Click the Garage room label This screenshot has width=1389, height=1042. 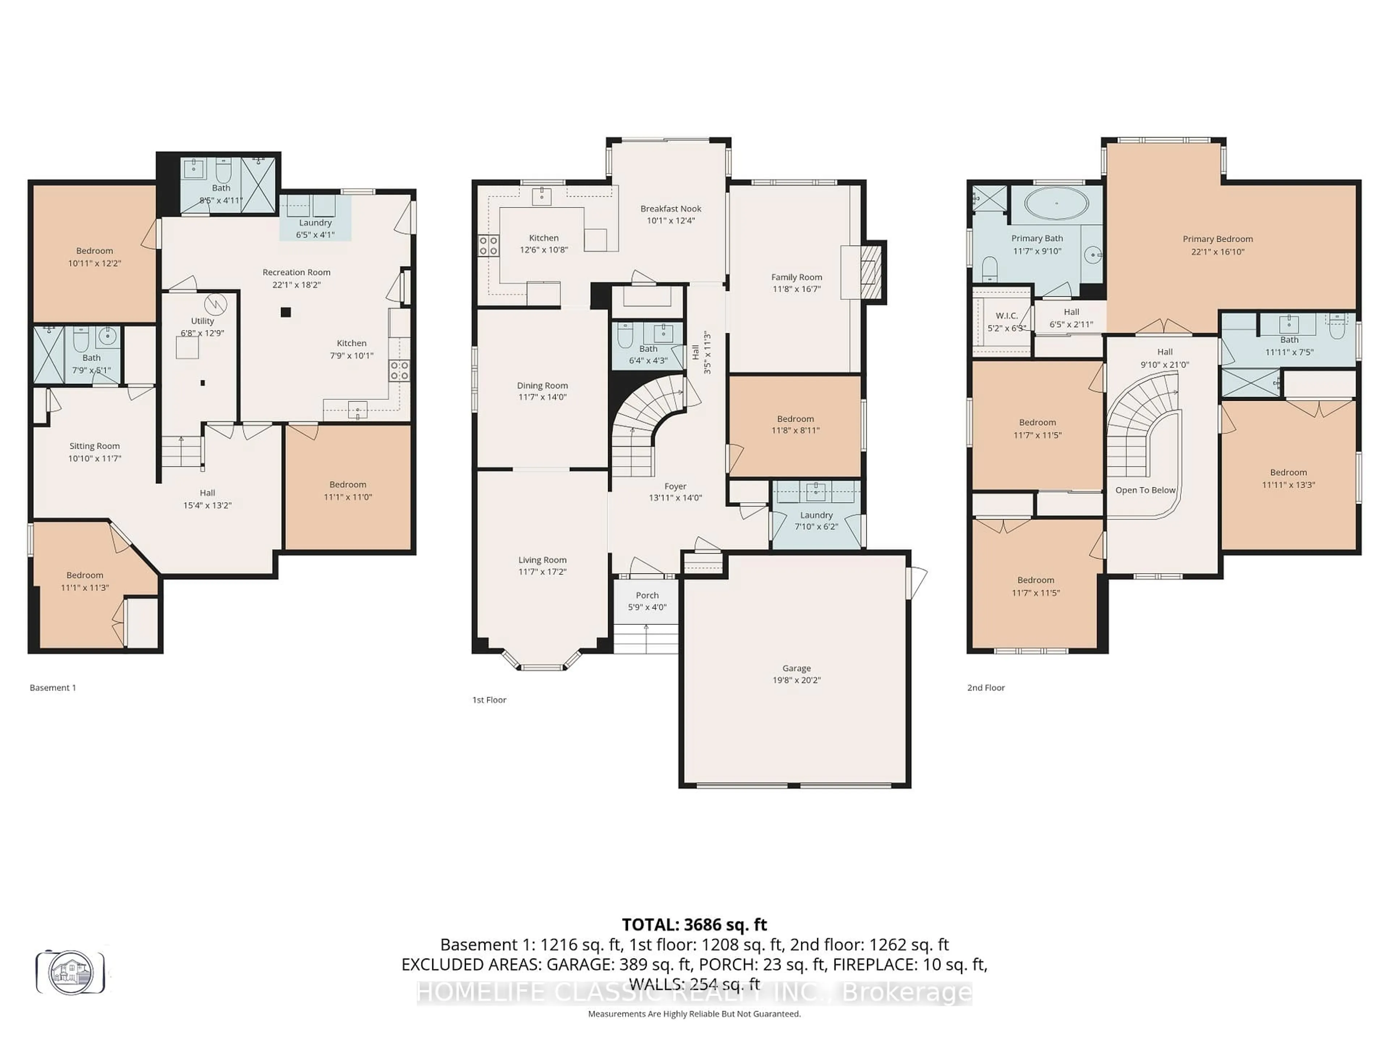click(x=796, y=668)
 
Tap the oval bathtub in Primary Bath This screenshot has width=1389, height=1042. click(x=1057, y=203)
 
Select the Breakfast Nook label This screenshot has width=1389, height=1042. click(x=671, y=208)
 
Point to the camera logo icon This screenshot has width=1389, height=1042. click(x=70, y=972)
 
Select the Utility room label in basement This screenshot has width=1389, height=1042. click(x=202, y=321)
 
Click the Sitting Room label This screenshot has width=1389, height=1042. click(x=94, y=446)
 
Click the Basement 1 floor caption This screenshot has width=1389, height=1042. click(x=53, y=688)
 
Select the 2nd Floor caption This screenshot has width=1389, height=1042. click(x=986, y=688)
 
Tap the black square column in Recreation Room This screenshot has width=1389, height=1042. click(x=286, y=312)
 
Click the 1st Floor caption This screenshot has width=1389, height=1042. click(x=489, y=700)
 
